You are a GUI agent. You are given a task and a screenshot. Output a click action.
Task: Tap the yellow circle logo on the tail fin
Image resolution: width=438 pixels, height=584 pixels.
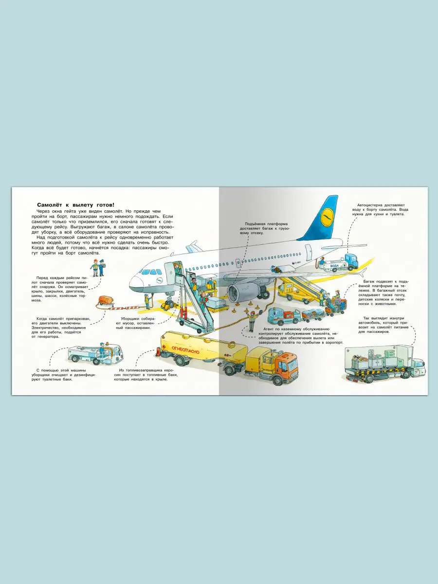pyautogui.click(x=327, y=214)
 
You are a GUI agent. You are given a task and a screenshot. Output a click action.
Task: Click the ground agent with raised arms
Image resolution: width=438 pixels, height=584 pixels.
pyautogui.click(x=251, y=320)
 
